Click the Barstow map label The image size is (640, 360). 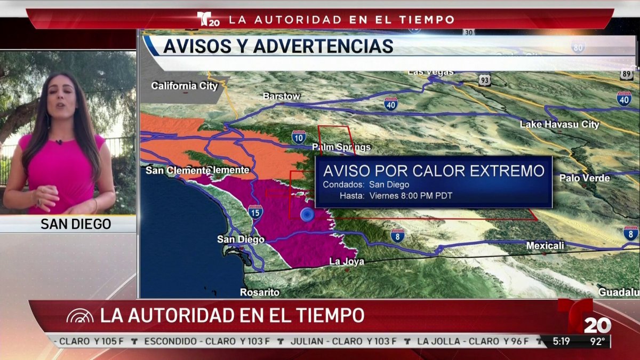(x=282, y=97)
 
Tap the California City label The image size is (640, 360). (x=185, y=86)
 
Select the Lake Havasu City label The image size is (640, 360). (x=559, y=125)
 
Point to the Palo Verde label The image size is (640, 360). (x=584, y=178)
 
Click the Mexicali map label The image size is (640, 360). (x=545, y=246)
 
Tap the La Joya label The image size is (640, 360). (x=347, y=261)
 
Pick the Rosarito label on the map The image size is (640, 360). (x=260, y=292)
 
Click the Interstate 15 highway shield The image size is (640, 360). (x=255, y=212)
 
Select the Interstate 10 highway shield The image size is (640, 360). (x=299, y=137)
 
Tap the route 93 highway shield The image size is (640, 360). (x=484, y=80)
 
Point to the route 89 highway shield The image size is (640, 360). (x=627, y=74)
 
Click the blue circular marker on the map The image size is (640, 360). (x=307, y=214)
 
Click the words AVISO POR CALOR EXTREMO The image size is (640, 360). (x=434, y=171)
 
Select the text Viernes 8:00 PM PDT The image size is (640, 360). (x=411, y=196)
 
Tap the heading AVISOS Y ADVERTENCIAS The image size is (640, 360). (x=278, y=46)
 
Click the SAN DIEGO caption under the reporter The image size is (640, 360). (x=76, y=225)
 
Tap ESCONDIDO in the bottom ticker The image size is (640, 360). (x=169, y=341)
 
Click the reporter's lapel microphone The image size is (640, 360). (x=59, y=142)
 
